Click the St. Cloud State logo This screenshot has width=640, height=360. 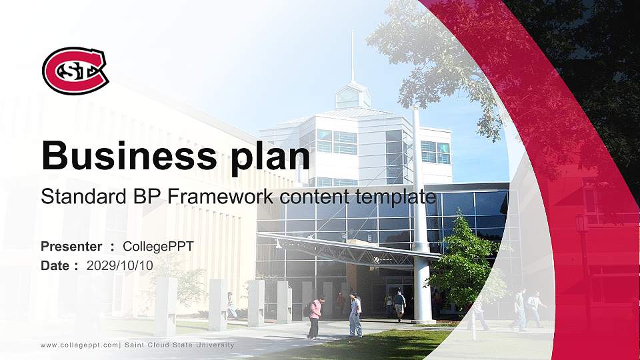[x=75, y=70]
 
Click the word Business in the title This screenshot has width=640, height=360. [x=127, y=155]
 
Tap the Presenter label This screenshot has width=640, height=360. [x=71, y=247]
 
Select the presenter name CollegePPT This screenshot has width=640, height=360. [x=158, y=247]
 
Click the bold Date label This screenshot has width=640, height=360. [x=55, y=265]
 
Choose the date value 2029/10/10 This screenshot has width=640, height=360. [x=120, y=265]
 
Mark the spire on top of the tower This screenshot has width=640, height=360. [x=353, y=57]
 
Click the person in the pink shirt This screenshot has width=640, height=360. [x=315, y=317]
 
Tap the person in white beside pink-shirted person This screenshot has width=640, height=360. [x=356, y=315]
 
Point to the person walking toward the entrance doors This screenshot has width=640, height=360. [x=399, y=305]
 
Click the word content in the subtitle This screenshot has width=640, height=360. [x=307, y=197]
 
